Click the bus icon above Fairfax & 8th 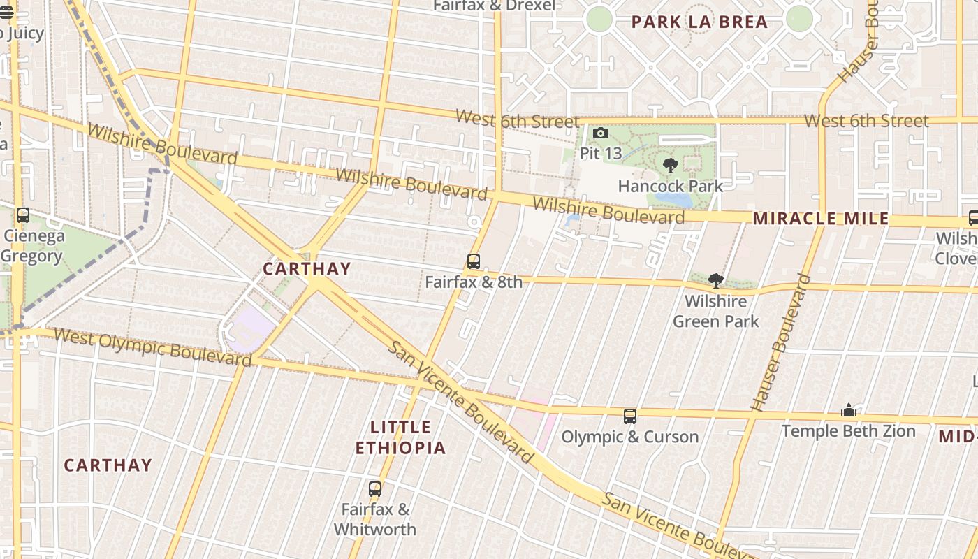click(x=474, y=262)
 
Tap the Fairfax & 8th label click(x=474, y=282)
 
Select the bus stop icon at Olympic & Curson click(x=630, y=416)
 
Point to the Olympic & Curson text click(x=630, y=437)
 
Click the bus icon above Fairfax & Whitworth click(x=375, y=489)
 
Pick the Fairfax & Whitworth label click(x=375, y=519)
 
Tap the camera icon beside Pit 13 click(x=600, y=133)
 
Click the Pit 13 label click(x=600, y=153)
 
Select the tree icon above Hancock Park click(x=671, y=166)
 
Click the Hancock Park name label click(x=671, y=186)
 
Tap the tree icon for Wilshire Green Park click(x=715, y=281)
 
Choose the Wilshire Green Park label click(x=715, y=312)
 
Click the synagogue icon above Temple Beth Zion click(x=848, y=410)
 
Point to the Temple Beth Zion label click(x=848, y=430)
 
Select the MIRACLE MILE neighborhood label click(x=821, y=219)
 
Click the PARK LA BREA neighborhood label click(x=699, y=22)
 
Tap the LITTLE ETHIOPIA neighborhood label click(x=400, y=437)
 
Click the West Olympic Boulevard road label click(x=152, y=346)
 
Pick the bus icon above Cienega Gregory click(x=23, y=215)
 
